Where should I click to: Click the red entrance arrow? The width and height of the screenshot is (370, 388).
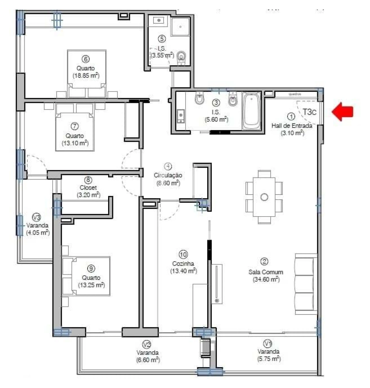(x=343, y=112)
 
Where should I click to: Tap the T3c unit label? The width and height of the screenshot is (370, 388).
(x=310, y=112)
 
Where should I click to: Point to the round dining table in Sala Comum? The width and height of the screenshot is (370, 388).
(x=264, y=197)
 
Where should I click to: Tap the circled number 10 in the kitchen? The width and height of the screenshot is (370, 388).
(x=183, y=254)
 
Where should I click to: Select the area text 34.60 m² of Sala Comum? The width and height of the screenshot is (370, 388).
(x=266, y=279)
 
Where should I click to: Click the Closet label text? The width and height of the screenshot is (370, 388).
(x=88, y=188)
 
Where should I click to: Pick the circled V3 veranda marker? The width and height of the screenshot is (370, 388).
(x=36, y=217)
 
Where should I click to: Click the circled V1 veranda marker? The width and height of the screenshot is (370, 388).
(x=268, y=343)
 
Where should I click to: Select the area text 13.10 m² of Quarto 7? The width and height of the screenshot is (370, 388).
(x=75, y=143)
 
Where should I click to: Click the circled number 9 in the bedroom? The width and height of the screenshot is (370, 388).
(x=91, y=269)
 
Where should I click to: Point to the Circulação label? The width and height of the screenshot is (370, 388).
(x=168, y=175)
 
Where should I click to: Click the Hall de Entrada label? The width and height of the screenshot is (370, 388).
(x=291, y=126)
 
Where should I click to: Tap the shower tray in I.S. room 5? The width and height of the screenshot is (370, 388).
(x=180, y=27)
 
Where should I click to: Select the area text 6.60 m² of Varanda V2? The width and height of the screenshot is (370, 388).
(x=148, y=360)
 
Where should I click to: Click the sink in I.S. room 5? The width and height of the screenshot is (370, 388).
(x=158, y=21)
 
